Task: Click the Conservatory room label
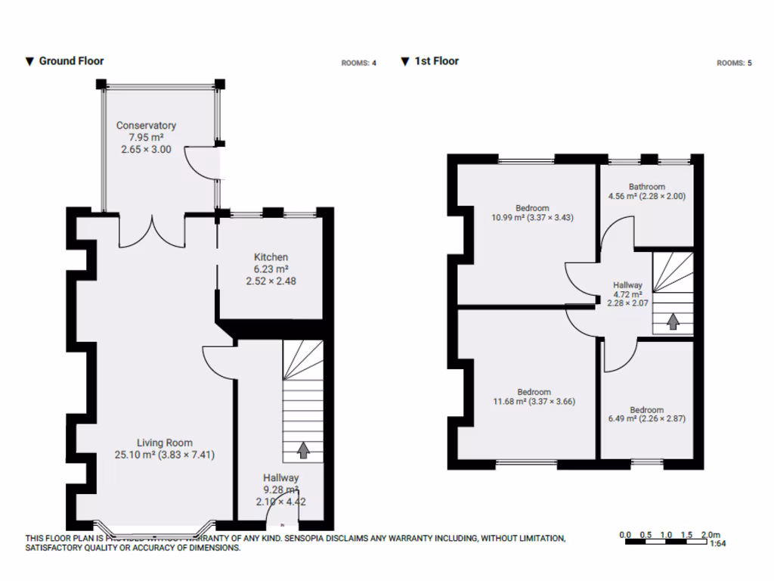pyautogui.click(x=146, y=126)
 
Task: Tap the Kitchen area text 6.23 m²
pyautogui.click(x=271, y=269)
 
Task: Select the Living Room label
pyautogui.click(x=164, y=443)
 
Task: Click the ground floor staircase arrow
pyautogui.click(x=302, y=451)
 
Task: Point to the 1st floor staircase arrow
pyautogui.click(x=672, y=322)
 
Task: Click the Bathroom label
pyautogui.click(x=646, y=187)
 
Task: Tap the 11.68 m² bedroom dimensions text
pyautogui.click(x=533, y=402)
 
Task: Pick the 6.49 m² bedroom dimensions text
pyautogui.click(x=646, y=418)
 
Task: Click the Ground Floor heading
pyautogui.click(x=71, y=61)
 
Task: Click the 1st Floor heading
pyautogui.click(x=436, y=61)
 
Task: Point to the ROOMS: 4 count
pyautogui.click(x=359, y=64)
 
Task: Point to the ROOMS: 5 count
pyautogui.click(x=734, y=64)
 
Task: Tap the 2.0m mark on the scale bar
pyautogui.click(x=711, y=535)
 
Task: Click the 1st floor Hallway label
pyautogui.click(x=627, y=285)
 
